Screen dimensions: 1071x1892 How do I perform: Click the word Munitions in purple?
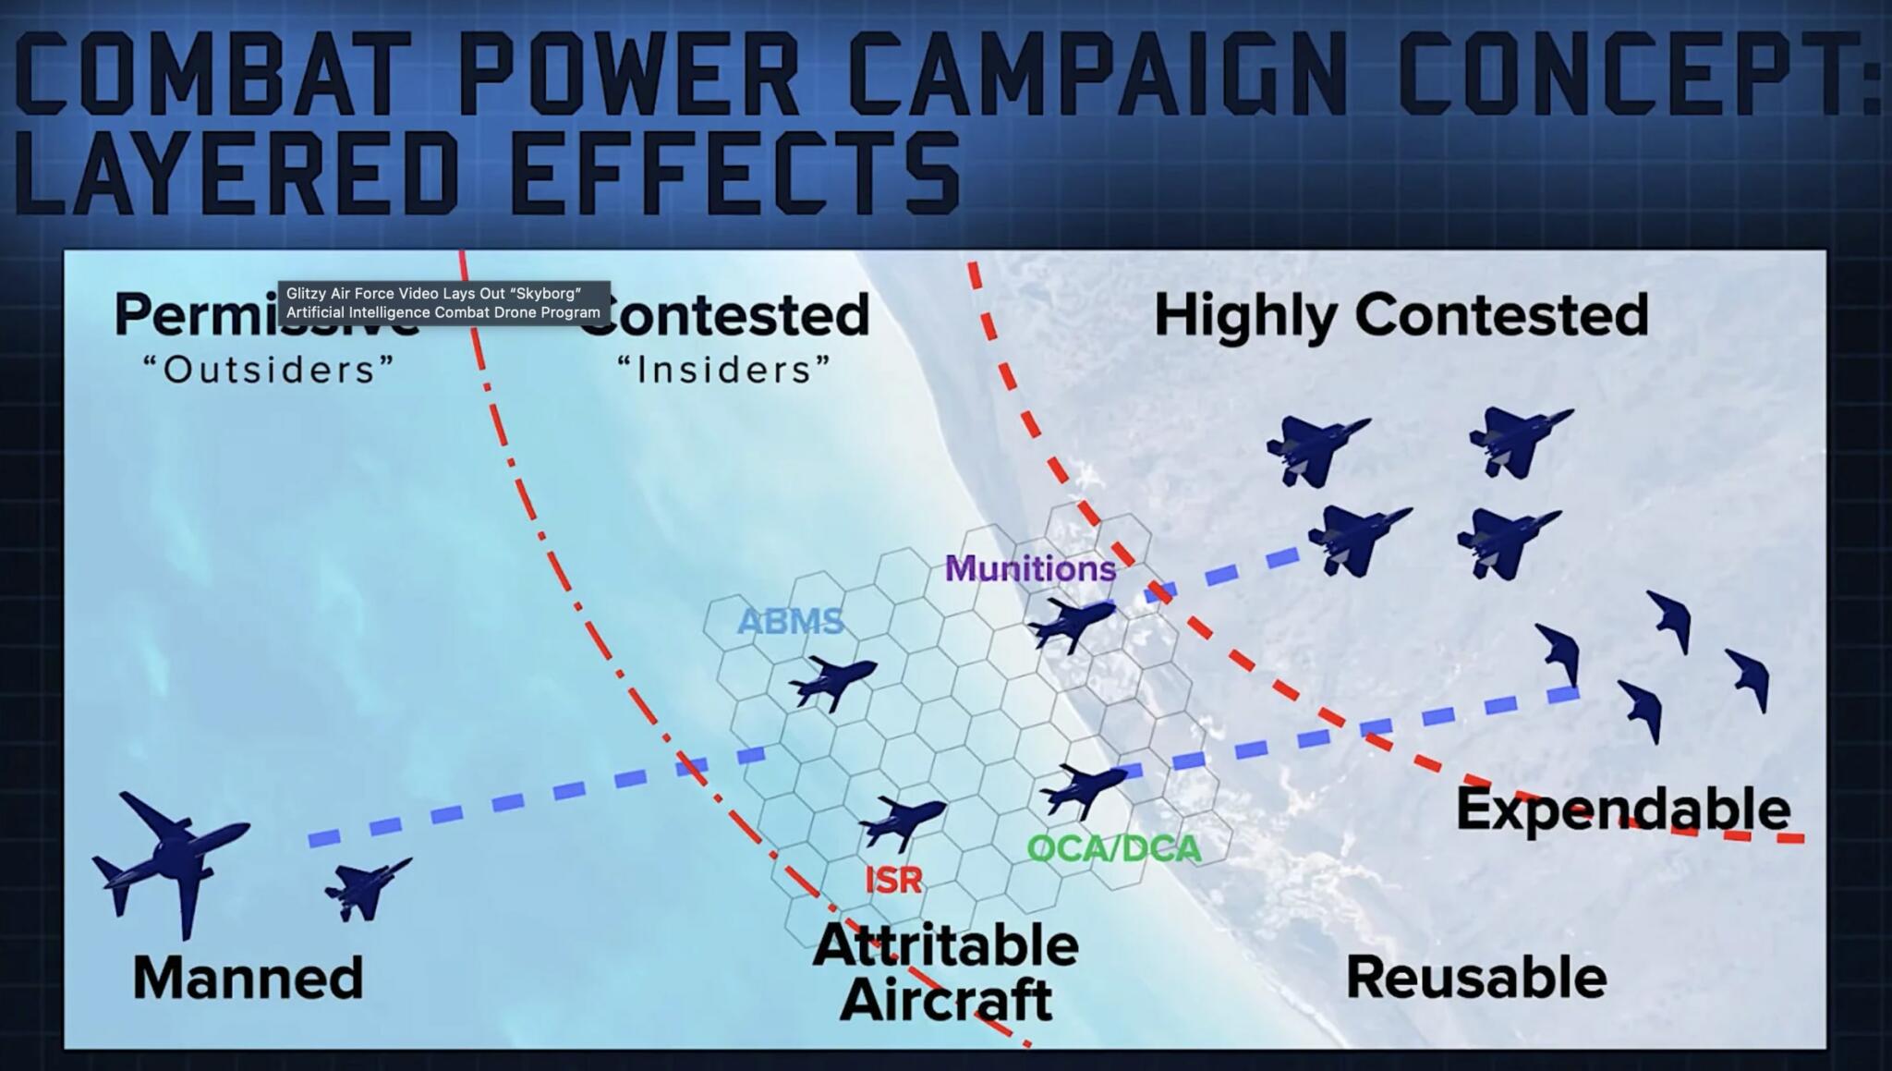pos(1030,568)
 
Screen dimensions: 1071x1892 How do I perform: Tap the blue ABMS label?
pos(791,622)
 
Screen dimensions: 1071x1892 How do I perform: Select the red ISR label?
pos(893,879)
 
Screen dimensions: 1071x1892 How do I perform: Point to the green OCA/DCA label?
pos(1113,848)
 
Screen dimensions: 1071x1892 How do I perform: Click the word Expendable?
pos(1622,810)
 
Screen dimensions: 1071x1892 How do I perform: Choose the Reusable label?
pos(1475,978)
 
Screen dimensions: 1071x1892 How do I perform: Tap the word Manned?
pos(248,978)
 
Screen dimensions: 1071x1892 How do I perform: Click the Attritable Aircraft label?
pos(946,972)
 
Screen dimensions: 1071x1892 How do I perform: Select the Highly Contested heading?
pos(1401,315)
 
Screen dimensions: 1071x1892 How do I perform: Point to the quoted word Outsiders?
pos(269,371)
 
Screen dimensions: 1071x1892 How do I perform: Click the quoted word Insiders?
pos(724,371)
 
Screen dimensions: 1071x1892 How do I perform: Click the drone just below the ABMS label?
pos(831,681)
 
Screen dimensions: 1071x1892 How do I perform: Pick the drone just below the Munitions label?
pos(1071,622)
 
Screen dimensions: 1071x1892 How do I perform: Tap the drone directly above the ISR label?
pos(902,821)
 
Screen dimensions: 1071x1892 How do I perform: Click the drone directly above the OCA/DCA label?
pos(1083,788)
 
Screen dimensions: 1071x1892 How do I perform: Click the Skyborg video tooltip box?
pos(443,303)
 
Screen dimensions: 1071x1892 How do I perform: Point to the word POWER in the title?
pos(628,74)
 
